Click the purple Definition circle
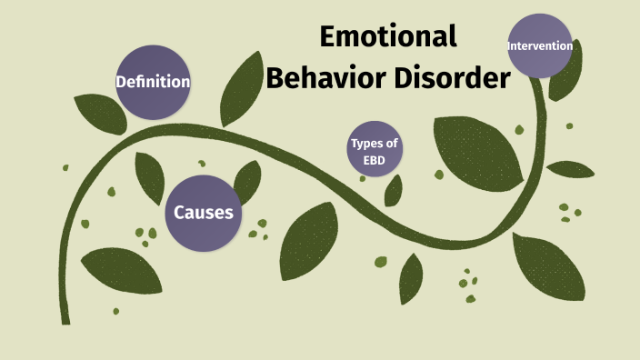tap(153, 83)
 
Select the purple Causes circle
tap(204, 213)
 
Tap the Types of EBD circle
tap(375, 149)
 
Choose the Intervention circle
tap(540, 45)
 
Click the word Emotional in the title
tap(388, 37)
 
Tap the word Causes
tap(204, 213)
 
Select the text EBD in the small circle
tap(375, 159)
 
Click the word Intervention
tap(540, 45)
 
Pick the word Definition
tap(153, 83)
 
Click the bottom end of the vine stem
tap(65, 318)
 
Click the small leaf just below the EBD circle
tap(394, 189)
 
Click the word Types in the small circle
tap(375, 143)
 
